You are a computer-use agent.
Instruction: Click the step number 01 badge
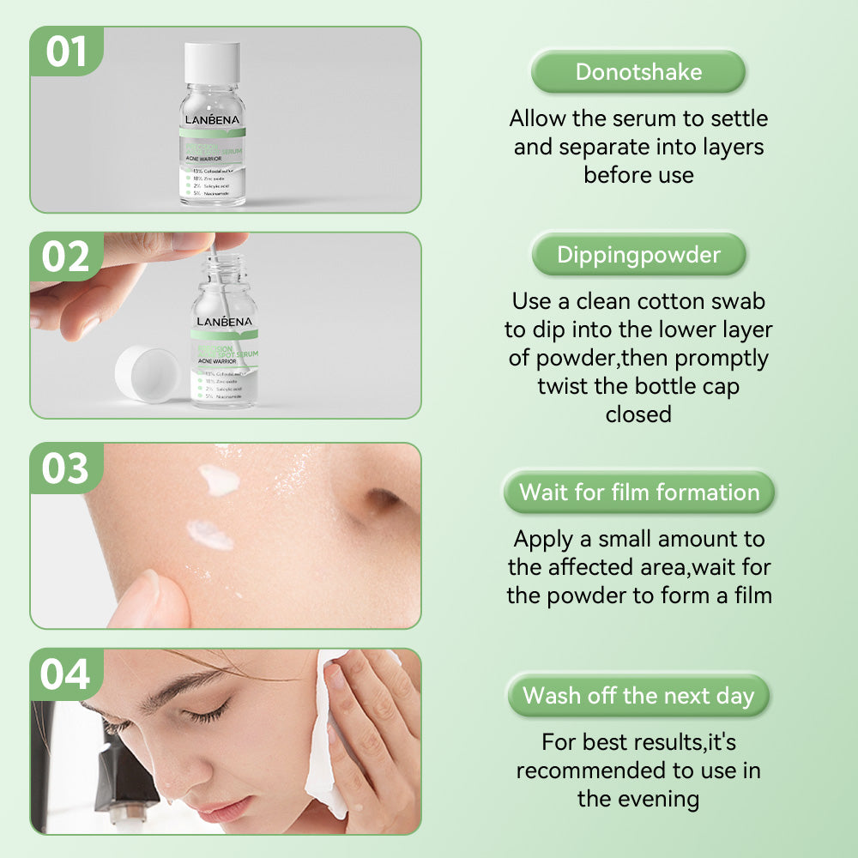[66, 51]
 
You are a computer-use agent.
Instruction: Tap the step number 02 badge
[66, 257]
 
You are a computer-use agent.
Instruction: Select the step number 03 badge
[66, 468]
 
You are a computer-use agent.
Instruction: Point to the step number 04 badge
[66, 674]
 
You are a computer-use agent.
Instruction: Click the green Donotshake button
[638, 72]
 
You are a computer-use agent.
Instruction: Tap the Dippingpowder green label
[638, 255]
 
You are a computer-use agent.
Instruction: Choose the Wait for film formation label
[639, 492]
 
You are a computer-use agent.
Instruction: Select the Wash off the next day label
[638, 695]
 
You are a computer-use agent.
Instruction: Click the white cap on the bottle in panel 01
[213, 63]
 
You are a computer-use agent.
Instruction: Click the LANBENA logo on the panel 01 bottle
[213, 118]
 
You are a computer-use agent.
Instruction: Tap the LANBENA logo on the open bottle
[223, 322]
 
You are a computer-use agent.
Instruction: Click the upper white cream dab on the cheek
[219, 479]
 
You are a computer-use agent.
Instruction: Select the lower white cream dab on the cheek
[210, 535]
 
